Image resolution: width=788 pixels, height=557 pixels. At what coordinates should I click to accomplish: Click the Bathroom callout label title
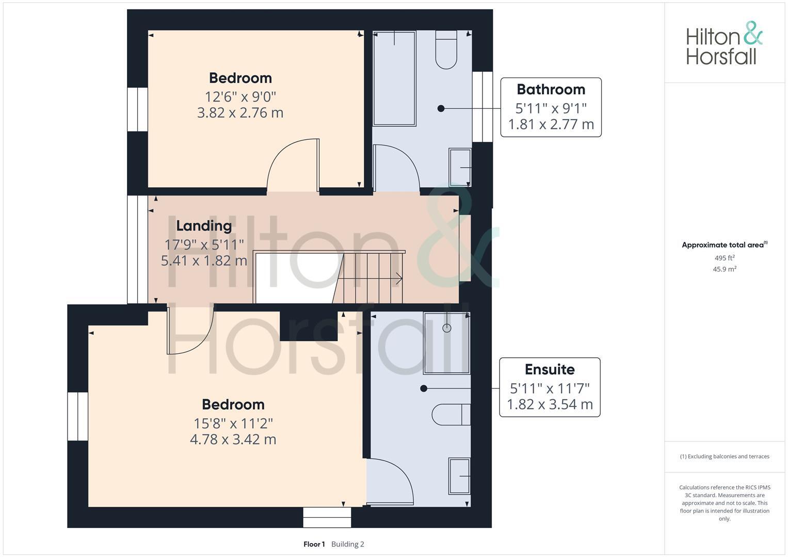(x=551, y=89)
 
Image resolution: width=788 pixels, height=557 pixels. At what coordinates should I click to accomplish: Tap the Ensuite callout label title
(x=549, y=369)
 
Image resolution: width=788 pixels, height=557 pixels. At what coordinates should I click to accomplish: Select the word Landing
(x=204, y=225)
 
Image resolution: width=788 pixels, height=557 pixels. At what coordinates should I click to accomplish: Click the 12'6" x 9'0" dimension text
(x=240, y=96)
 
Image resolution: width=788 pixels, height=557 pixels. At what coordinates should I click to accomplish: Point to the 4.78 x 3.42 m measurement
(x=233, y=439)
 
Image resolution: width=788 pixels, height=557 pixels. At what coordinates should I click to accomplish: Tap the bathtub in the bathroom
(x=394, y=78)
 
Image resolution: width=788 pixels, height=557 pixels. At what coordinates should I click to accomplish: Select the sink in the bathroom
(x=460, y=167)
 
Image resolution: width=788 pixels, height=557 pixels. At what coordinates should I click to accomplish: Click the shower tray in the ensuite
(x=446, y=342)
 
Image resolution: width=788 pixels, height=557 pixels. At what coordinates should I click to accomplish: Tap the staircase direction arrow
(x=398, y=279)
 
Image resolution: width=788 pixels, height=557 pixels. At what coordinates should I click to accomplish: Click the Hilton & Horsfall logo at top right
(x=724, y=43)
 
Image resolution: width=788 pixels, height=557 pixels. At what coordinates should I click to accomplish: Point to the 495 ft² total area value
(x=725, y=258)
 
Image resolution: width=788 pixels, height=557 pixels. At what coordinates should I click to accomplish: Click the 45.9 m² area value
(x=725, y=269)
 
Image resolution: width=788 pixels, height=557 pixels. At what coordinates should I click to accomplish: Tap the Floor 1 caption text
(x=314, y=544)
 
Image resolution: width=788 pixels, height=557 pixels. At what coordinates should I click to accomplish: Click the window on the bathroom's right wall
(x=483, y=106)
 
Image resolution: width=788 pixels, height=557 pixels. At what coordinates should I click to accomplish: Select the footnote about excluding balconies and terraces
(x=725, y=456)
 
